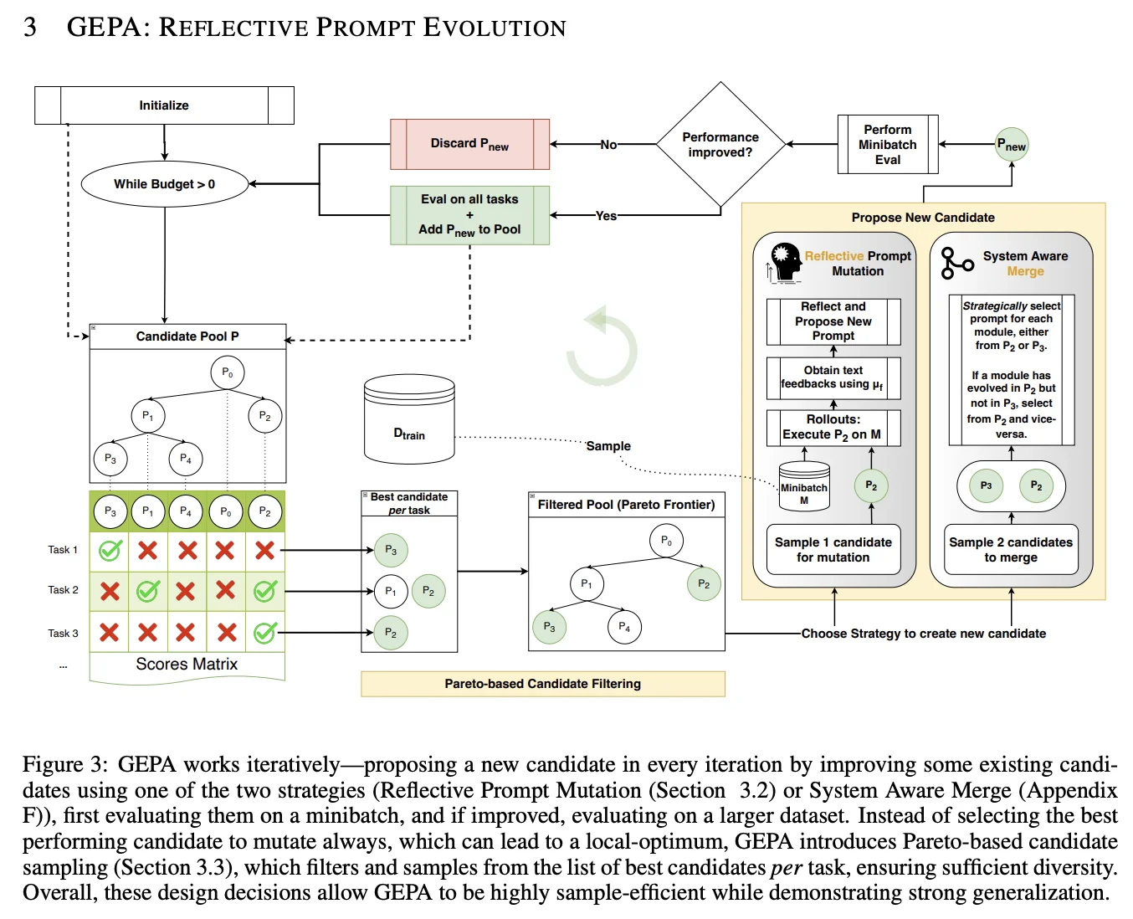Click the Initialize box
[164, 105]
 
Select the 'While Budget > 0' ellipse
[164, 184]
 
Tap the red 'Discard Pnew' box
[469, 144]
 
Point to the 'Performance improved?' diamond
[720, 145]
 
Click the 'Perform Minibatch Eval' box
[888, 144]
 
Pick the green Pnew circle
[1012, 145]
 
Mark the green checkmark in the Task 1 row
[110, 550]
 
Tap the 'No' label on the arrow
[608, 145]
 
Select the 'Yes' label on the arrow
[606, 216]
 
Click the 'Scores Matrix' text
[187, 664]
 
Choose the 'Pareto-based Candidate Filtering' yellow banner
[542, 684]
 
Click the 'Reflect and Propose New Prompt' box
[833, 321]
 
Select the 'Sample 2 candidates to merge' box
[1011, 549]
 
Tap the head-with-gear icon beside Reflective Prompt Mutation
[786, 261]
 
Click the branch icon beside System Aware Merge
[956, 263]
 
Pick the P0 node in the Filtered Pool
[666, 541]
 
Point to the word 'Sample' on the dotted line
[608, 446]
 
